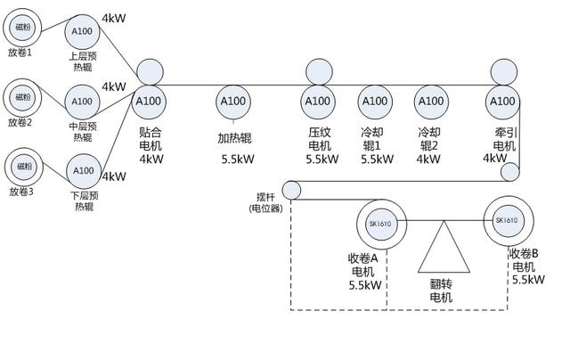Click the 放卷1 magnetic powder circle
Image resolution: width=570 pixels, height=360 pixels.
point(22,27)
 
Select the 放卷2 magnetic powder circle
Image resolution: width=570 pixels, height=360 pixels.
point(22,96)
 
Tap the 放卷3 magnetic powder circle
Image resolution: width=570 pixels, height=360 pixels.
point(22,166)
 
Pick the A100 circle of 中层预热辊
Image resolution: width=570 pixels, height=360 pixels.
point(82,102)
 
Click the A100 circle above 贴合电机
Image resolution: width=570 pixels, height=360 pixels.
point(151,101)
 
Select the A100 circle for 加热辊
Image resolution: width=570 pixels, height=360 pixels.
point(233,102)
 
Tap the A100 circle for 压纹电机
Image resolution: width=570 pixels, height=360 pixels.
point(318,101)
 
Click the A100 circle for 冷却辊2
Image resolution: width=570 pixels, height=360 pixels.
point(430,101)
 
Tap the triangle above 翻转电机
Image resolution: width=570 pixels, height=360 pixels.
point(444,250)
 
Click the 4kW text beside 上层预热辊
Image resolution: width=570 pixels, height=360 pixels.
point(114,18)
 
